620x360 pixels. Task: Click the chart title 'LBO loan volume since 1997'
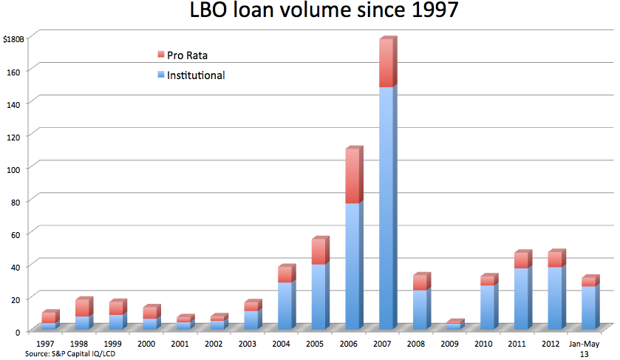coord(310,14)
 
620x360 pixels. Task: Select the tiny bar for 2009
coord(454,326)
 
